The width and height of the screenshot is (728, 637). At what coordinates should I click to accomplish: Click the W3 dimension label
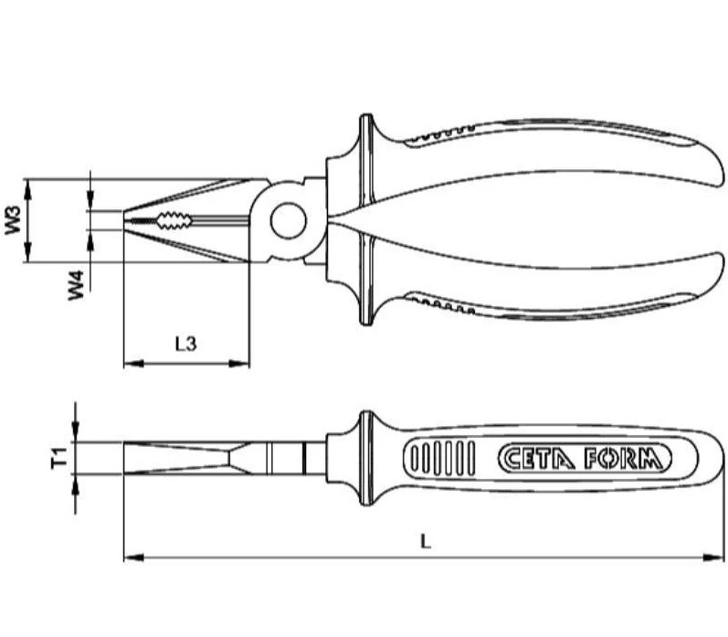point(13,220)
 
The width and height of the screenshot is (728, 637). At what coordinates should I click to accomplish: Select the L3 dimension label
point(185,344)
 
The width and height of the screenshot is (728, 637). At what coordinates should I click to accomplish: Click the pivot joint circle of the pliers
point(288,219)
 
